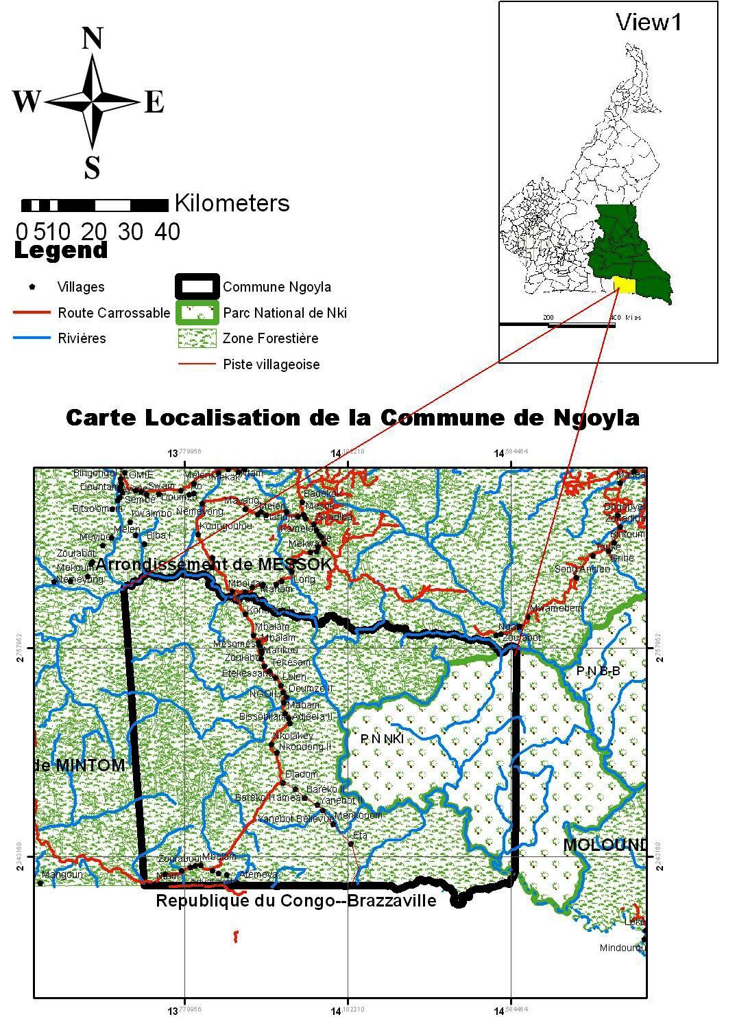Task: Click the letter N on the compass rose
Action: click(92, 39)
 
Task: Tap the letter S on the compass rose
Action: click(92, 167)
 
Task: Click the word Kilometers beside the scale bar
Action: click(232, 203)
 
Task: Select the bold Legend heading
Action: click(61, 250)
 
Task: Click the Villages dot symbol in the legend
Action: click(32, 286)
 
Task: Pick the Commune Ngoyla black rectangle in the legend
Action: click(197, 287)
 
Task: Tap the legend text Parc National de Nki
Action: click(285, 313)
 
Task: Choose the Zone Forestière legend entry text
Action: click(270, 338)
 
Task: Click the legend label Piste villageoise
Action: click(271, 364)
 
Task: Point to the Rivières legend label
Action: click(82, 338)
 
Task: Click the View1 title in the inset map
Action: click(649, 23)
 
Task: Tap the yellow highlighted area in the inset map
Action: click(623, 283)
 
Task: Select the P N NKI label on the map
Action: click(382, 738)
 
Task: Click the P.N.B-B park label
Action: click(598, 671)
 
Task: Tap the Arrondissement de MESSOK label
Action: click(214, 564)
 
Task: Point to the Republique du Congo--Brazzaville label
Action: click(296, 900)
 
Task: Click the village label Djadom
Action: click(301, 774)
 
